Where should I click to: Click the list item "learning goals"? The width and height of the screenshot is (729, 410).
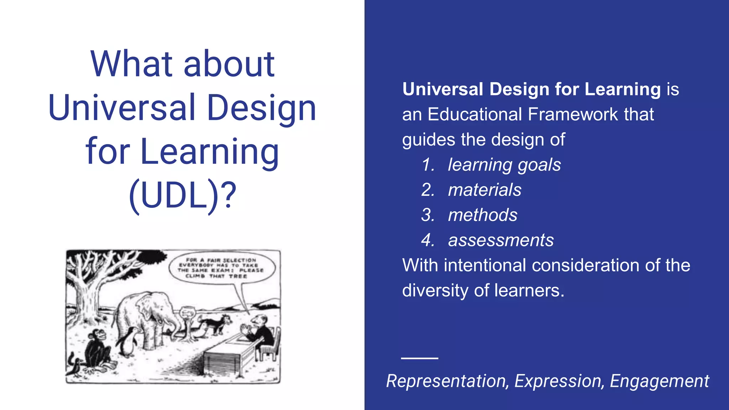pyautogui.click(x=504, y=165)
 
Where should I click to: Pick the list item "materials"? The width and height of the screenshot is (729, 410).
pyautogui.click(x=484, y=190)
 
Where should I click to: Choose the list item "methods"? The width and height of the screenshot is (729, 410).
pyautogui.click(x=483, y=215)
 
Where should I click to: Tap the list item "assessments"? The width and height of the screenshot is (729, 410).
pyautogui.click(x=501, y=240)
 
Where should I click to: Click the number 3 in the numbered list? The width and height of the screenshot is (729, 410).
pyautogui.click(x=427, y=215)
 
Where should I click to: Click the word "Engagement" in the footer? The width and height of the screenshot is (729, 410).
pyautogui.click(x=659, y=381)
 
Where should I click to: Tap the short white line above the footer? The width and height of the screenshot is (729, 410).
pyautogui.click(x=419, y=358)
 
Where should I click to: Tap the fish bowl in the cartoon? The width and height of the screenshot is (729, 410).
pyautogui.click(x=188, y=313)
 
